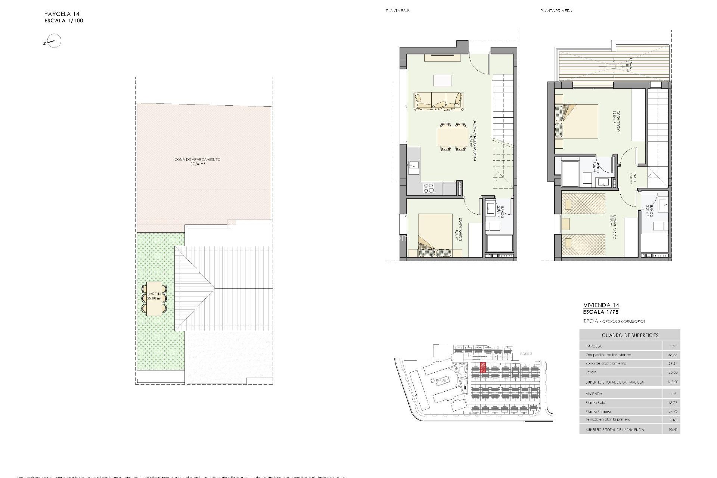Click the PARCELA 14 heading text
(62, 14)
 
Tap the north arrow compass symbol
(54, 41)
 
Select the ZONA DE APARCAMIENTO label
(198, 160)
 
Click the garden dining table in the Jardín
(154, 299)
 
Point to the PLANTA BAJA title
(398, 11)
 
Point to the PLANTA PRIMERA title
(556, 11)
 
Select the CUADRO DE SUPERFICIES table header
(630, 335)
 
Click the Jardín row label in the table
(591, 372)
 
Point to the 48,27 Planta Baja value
(672, 403)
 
